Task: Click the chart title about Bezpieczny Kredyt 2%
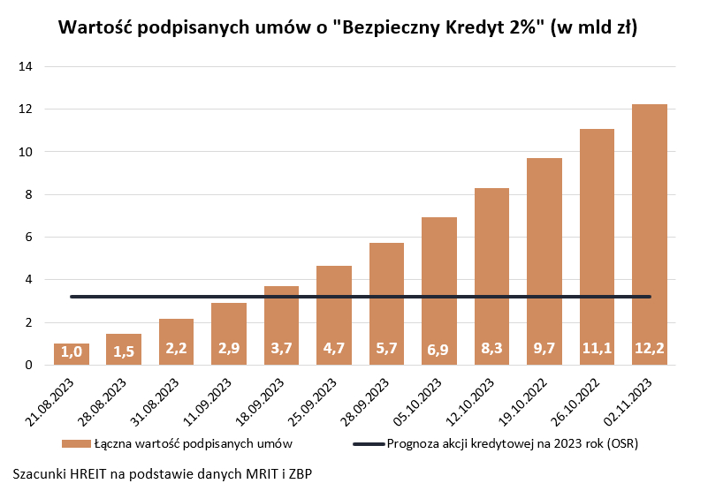point(347,27)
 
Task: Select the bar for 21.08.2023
point(72,354)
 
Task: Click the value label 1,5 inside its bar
point(124,350)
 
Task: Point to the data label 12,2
point(649,350)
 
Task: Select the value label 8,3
point(491,350)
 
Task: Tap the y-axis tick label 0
point(29,365)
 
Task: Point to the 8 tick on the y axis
point(29,194)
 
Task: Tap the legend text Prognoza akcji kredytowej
point(513,442)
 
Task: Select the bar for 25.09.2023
point(334,315)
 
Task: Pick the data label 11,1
point(597,350)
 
